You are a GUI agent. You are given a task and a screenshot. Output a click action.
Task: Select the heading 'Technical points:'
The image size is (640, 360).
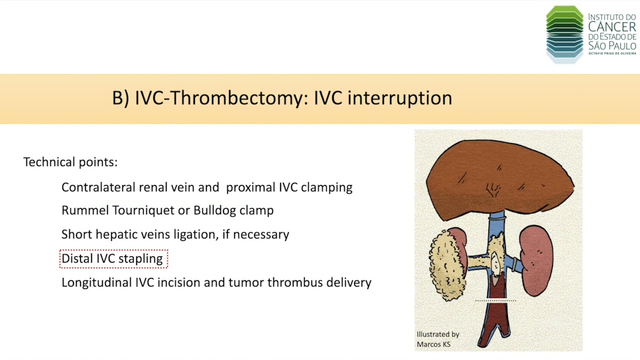coord(70,162)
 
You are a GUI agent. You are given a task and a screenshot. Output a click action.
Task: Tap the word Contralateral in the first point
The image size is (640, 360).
coord(98,187)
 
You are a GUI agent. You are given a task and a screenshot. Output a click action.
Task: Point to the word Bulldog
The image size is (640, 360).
coord(214,210)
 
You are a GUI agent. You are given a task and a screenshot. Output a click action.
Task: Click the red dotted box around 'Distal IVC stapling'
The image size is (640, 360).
coord(113,258)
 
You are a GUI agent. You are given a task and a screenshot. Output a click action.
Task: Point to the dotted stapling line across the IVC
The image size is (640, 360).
coord(495,300)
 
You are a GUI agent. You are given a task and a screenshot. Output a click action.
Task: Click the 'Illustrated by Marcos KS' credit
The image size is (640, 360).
coord(437,339)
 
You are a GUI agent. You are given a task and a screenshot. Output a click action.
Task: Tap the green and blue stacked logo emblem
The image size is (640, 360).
coord(564,34)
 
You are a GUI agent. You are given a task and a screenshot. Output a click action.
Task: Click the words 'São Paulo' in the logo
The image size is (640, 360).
coord(612,45)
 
